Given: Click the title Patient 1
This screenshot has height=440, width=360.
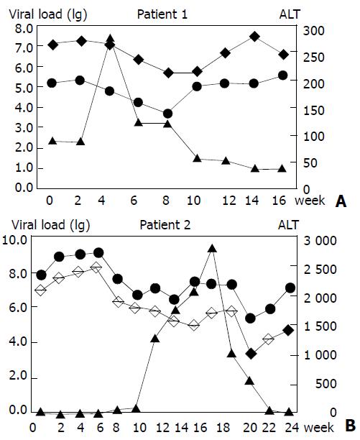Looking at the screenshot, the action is (x=162, y=14).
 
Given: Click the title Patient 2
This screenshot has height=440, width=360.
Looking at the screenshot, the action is (x=165, y=225).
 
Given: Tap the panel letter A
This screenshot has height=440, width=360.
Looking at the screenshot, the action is (x=341, y=201).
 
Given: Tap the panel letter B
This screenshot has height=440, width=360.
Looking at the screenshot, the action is (x=351, y=426).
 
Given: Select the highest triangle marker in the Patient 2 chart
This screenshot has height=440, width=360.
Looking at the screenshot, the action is (x=212, y=248).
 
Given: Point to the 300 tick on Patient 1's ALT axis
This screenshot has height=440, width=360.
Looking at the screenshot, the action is (x=314, y=31).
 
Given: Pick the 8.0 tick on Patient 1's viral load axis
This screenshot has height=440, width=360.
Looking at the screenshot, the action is (x=24, y=28).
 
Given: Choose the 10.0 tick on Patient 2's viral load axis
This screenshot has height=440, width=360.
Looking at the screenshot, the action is (x=18, y=240).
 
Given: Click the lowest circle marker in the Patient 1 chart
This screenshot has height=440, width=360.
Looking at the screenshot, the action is (x=167, y=114).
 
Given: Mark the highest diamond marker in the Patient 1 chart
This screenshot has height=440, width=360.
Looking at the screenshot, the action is (x=254, y=36).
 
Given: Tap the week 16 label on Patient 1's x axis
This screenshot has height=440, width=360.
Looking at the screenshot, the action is (x=279, y=201).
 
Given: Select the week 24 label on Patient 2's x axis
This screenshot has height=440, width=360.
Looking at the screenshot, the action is (x=292, y=427).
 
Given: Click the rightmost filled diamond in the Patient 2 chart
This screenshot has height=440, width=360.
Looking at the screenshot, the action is (x=288, y=330).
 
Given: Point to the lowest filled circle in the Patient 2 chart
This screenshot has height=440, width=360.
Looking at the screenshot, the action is (x=250, y=318).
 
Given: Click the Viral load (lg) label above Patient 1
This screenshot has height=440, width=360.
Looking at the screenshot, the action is (x=48, y=15).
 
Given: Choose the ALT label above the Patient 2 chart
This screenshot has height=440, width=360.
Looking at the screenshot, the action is (x=289, y=225).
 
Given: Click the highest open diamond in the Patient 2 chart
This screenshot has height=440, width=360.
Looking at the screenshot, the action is (x=96, y=267).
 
